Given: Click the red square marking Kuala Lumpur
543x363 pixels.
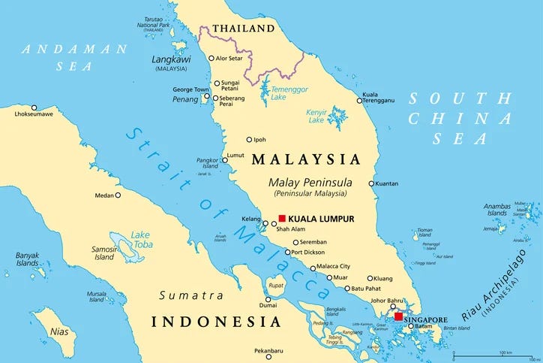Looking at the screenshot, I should coord(282,218).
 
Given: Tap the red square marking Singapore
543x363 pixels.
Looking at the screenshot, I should coord(398,316).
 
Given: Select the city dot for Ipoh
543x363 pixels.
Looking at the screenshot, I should coord(250,139).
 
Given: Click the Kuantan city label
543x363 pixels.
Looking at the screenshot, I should coord(388,183).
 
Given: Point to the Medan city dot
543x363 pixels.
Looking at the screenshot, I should coord(118,195).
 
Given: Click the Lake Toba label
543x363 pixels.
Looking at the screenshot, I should coord(140,239).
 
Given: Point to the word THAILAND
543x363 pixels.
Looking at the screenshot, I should coord(243,29).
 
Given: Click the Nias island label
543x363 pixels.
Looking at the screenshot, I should coord(58,331).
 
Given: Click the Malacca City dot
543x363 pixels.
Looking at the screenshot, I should coord(313,267).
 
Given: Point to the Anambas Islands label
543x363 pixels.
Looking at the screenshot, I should coord(497,209).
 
